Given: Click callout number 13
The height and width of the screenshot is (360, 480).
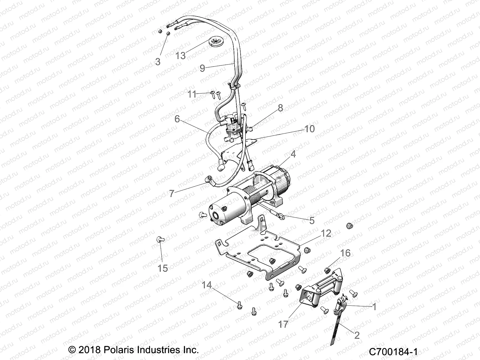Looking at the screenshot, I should coord(181,55).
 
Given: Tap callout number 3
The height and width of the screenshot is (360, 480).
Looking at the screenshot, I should coord(158,61).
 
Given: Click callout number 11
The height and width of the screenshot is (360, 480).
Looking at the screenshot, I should coord(192,94).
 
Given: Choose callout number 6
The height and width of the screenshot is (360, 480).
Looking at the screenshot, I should coord(177,119).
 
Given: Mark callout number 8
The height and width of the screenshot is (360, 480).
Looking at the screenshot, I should coord(280,108).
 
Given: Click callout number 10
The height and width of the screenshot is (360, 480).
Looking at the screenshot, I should coord(309,129).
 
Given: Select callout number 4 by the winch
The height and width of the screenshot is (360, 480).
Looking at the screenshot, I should coord(293,154).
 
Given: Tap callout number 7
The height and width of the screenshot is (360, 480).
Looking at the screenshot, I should coord(171,193).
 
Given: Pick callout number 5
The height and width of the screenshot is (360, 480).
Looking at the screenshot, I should coord(312,220).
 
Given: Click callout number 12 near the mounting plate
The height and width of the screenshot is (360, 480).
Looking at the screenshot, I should coord(326,233).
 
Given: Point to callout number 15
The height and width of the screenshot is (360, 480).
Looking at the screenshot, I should coord(163,268).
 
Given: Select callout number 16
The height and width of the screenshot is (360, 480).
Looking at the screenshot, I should coord(345,253).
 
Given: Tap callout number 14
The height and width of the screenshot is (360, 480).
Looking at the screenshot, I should coord(207,285).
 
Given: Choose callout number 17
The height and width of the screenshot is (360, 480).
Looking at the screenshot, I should coord(283,324).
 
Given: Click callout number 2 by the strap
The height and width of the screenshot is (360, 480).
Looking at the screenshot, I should coord(357,335).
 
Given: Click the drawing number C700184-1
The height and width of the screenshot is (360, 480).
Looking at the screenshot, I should coord(393,351).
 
